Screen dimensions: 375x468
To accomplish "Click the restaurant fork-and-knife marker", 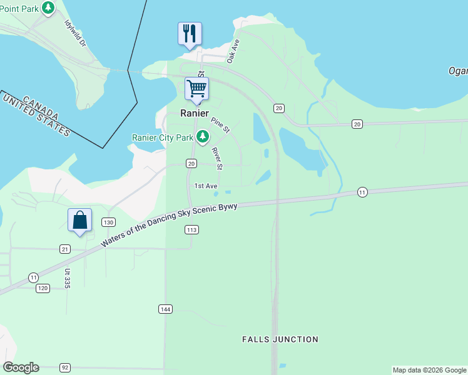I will tap(190, 34).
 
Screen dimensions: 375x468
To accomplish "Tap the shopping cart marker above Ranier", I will tap(196, 89).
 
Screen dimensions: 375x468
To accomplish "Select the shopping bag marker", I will tap(79, 221).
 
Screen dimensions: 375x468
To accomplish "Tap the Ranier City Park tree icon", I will tap(202, 137).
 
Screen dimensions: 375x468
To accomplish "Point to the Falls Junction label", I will tap(280, 339).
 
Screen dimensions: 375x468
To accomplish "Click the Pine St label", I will tap(220, 125).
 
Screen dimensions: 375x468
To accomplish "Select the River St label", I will tap(216, 158).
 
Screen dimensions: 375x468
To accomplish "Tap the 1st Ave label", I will tap(205, 186).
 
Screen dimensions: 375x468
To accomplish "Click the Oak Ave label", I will tap(233, 51).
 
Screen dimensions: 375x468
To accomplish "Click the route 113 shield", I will tap(191, 230).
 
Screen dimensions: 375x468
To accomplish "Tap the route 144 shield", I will tap(165, 309).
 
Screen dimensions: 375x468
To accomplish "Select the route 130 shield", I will tap(108, 222).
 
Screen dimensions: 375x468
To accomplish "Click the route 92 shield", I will tap(64, 367).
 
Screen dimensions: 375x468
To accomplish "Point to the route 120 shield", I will tap(43, 288).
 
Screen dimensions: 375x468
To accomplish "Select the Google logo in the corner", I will tap(21, 367).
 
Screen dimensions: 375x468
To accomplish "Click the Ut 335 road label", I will tap(66, 278).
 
